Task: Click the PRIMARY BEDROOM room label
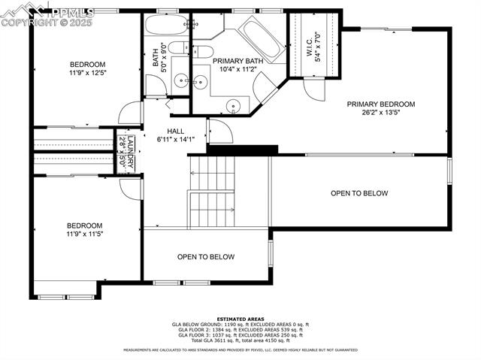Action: [x=380, y=104]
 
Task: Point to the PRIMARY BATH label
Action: [x=237, y=60]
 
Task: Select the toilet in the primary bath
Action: [x=202, y=52]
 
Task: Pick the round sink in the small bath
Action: [x=180, y=80]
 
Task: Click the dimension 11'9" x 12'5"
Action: [x=88, y=73]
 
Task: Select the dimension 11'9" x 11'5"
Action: [x=84, y=234]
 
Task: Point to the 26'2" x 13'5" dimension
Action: [x=380, y=113]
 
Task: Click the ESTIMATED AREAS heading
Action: [x=240, y=319]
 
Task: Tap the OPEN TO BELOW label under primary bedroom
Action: [x=359, y=193]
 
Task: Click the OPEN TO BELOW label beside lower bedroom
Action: [x=205, y=257]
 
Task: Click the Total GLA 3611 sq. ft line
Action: [x=240, y=340]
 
